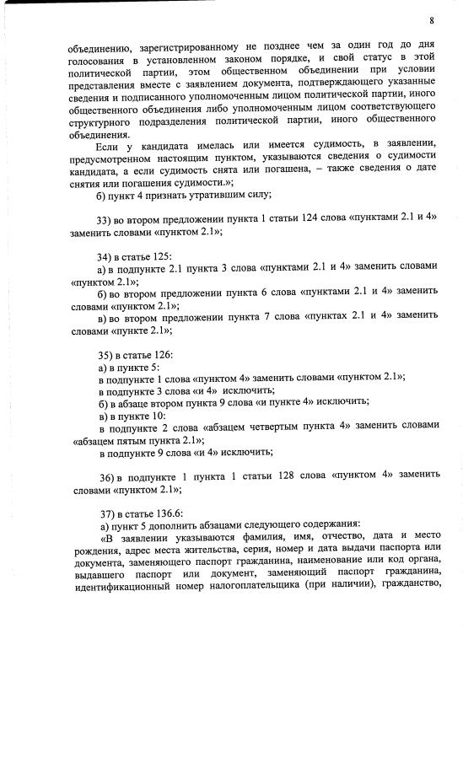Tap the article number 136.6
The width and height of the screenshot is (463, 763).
161,512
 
